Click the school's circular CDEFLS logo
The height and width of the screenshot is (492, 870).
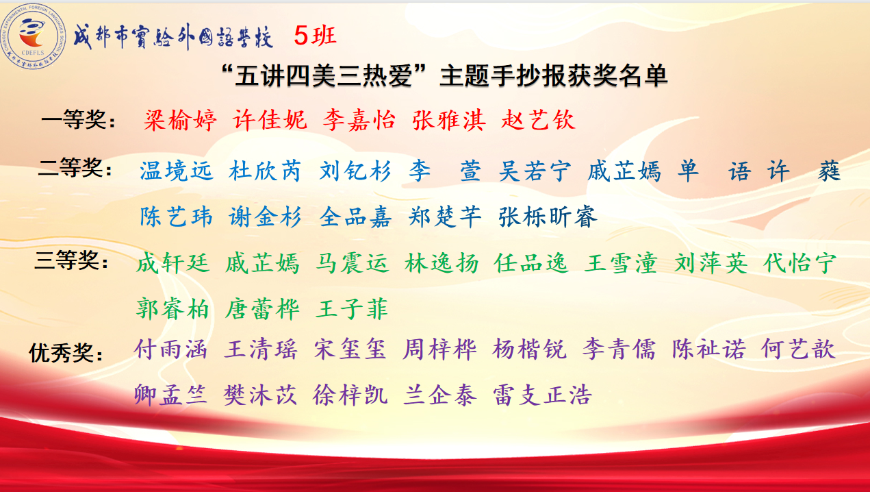pyautogui.click(x=33, y=36)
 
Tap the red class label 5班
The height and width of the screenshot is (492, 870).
pyautogui.click(x=315, y=36)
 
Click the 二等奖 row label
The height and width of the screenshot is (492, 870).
pyautogui.click(x=75, y=168)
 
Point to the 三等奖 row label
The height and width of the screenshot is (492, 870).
pyautogui.click(x=71, y=260)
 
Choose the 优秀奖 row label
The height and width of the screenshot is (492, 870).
pyautogui.click(x=66, y=353)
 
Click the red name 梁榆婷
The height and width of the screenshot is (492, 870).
pyautogui.click(x=180, y=120)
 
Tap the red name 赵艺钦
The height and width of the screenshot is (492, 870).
pyautogui.click(x=538, y=120)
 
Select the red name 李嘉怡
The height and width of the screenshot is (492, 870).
pyautogui.click(x=359, y=120)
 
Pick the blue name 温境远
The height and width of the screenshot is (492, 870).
pyautogui.click(x=177, y=171)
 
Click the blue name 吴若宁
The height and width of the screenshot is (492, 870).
pyautogui.click(x=535, y=171)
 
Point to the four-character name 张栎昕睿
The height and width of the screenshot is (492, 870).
pyautogui.click(x=548, y=217)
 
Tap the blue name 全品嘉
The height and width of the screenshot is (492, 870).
pyautogui.click(x=355, y=217)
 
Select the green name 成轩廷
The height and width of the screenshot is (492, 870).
pyautogui.click(x=173, y=263)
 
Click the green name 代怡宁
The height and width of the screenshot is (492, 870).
pyautogui.click(x=799, y=263)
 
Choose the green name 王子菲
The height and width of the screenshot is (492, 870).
pyautogui.click(x=352, y=309)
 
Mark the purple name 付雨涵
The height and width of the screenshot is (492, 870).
pyautogui.click(x=170, y=349)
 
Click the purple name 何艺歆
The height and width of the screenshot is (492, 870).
pyautogui.click(x=797, y=349)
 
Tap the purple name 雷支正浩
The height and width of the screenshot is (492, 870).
pyautogui.click(x=542, y=395)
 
